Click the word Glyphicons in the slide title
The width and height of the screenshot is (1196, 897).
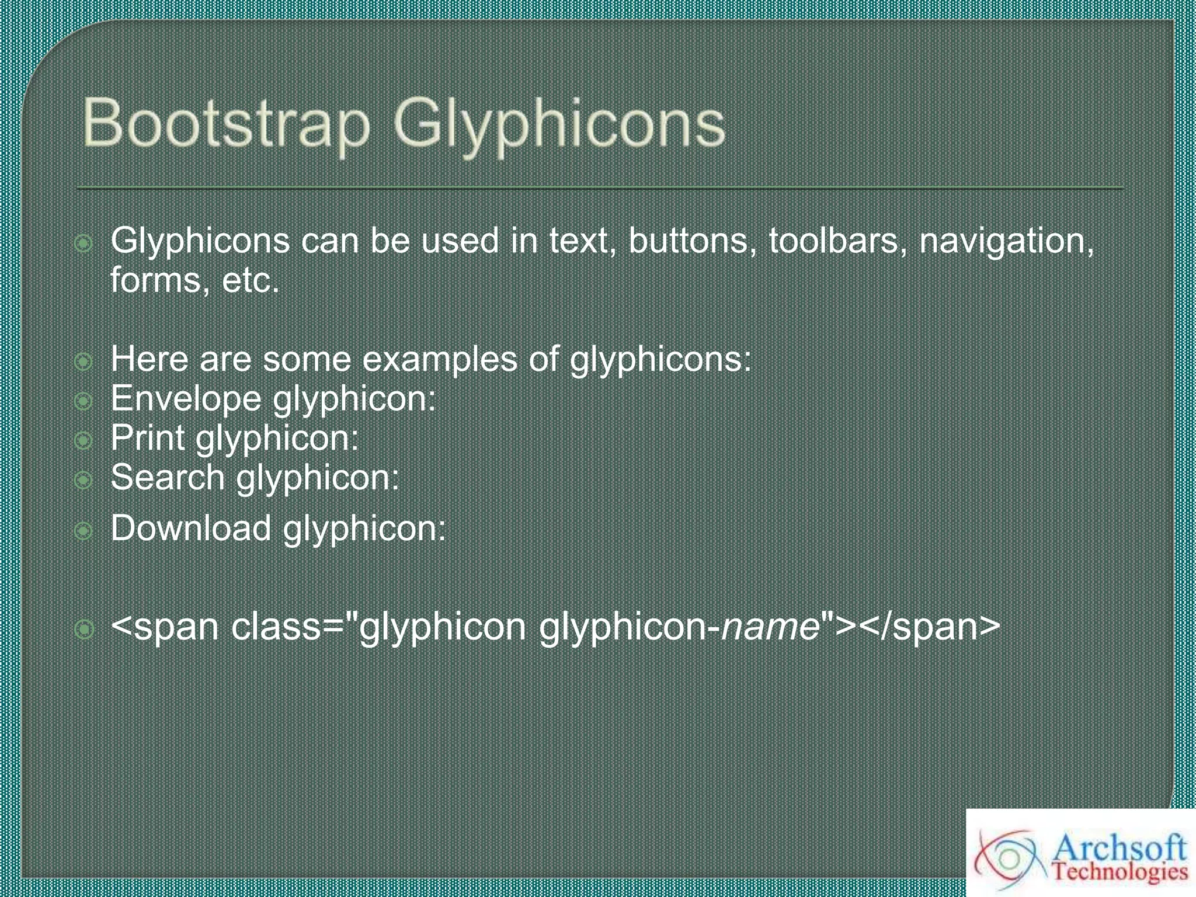(559, 126)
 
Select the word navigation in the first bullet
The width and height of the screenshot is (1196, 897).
(1006, 241)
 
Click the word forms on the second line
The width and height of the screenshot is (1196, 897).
(155, 280)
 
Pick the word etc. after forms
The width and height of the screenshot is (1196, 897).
(251, 280)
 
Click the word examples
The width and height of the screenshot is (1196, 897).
(439, 359)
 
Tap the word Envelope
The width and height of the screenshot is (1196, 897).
(186, 399)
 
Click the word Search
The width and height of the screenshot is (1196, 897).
(167, 478)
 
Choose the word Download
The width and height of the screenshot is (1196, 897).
(190, 528)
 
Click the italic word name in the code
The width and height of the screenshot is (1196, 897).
(770, 627)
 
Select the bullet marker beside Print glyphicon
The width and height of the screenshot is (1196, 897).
(84, 440)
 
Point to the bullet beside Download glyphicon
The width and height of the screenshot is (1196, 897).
(84, 531)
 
